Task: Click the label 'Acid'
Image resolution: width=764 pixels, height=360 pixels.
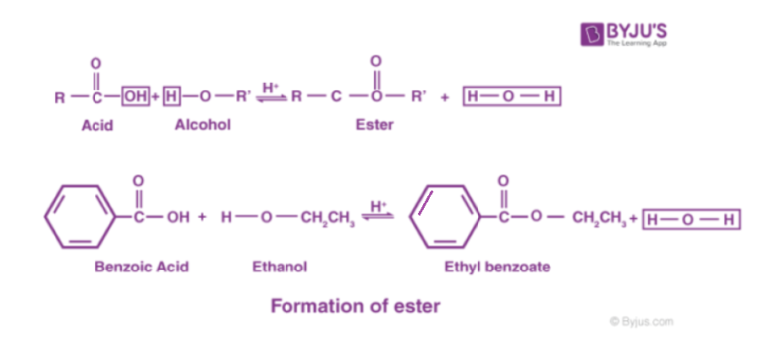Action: coord(96,126)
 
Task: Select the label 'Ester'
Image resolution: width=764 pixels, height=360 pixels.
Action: coord(375,126)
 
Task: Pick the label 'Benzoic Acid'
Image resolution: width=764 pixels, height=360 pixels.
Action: coord(141,267)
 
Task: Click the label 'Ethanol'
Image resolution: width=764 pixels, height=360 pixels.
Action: coord(280,267)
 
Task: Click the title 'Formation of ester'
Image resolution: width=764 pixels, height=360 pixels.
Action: coord(354,307)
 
